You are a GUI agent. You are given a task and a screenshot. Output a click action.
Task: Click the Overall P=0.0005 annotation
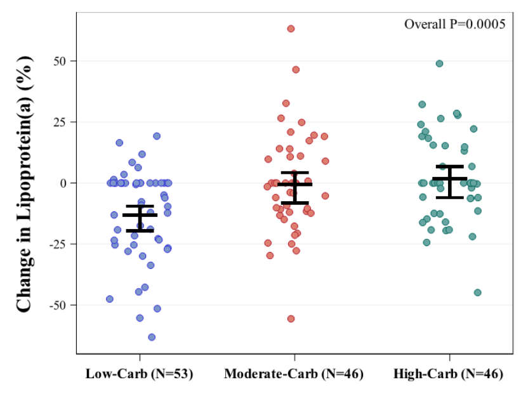pyautogui.click(x=454, y=24)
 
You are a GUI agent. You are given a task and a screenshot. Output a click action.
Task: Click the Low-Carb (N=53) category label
pyautogui.click(x=140, y=374)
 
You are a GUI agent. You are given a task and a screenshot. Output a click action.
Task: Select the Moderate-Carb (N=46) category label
pyautogui.click(x=294, y=374)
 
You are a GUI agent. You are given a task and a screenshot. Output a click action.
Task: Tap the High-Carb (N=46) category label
pyautogui.click(x=448, y=374)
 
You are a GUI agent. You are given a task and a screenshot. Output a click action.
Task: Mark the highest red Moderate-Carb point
pyautogui.click(x=291, y=29)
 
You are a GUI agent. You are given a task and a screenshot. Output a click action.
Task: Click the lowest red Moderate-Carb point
pyautogui.click(x=291, y=318)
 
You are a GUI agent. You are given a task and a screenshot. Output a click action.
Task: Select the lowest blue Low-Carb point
pyautogui.click(x=152, y=337)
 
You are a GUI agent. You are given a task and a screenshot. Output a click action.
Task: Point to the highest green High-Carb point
pyautogui.click(x=439, y=63)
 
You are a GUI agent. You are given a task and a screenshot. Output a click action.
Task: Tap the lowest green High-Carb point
pyautogui.click(x=477, y=292)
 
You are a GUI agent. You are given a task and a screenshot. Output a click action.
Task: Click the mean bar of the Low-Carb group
pyautogui.click(x=140, y=215)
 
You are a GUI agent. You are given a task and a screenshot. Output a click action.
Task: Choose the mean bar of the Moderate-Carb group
pyautogui.click(x=294, y=185)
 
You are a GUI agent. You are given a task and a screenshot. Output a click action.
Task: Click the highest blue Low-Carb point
pyautogui.click(x=157, y=136)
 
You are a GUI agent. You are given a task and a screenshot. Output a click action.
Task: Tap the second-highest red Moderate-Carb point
pyautogui.click(x=296, y=70)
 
